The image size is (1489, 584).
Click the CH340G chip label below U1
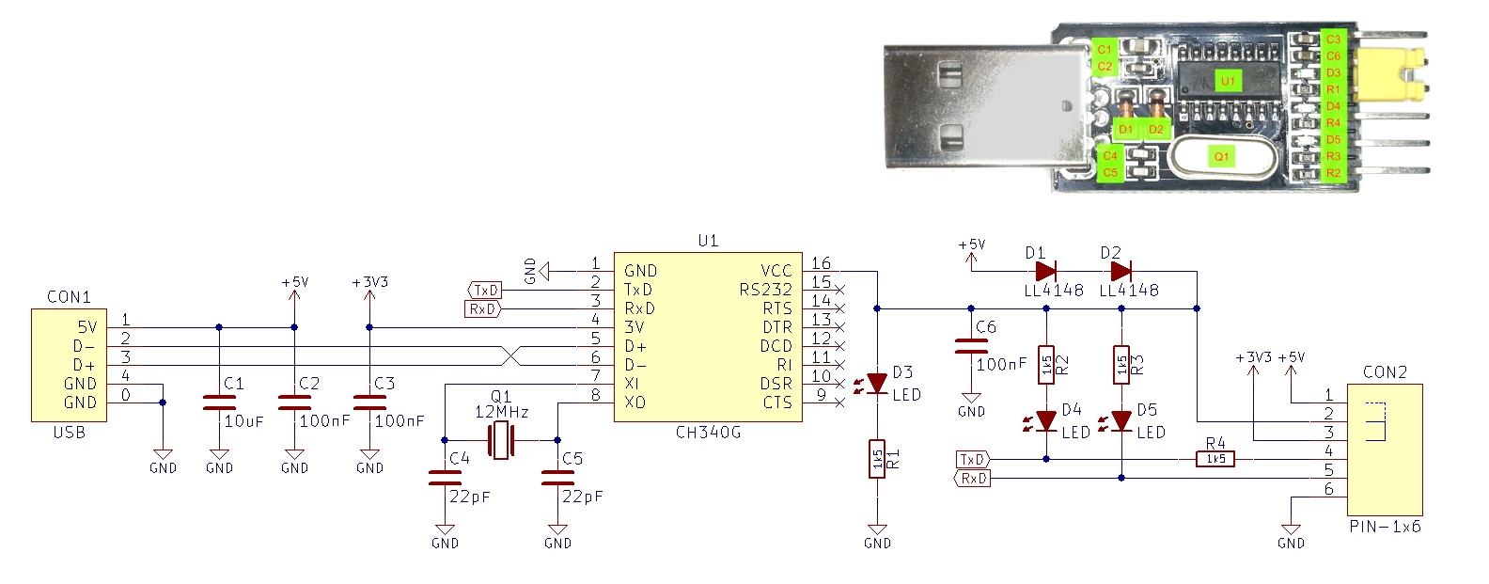(x=708, y=433)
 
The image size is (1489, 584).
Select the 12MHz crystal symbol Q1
(x=501, y=440)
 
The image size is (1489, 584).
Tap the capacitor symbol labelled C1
(x=219, y=402)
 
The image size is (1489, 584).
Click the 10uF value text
(x=243, y=421)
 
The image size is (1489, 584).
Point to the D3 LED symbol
(x=877, y=384)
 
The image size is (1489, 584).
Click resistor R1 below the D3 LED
(x=877, y=459)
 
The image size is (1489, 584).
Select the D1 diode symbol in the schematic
(x=1045, y=272)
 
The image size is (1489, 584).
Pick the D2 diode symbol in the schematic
(x=1121, y=272)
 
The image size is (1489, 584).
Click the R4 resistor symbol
(x=1215, y=459)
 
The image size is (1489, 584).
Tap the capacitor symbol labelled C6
(x=971, y=346)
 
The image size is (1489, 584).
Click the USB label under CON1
(x=69, y=433)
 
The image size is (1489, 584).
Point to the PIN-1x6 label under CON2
(x=1385, y=527)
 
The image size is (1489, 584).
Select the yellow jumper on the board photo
(x=1401, y=75)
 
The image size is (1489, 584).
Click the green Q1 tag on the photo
(x=1221, y=157)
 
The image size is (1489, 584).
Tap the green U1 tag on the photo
(x=1228, y=81)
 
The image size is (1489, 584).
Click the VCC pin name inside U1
(x=776, y=271)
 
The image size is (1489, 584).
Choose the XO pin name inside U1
(x=635, y=402)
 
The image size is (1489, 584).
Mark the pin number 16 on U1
(x=821, y=264)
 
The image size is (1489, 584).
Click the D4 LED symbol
(x=1045, y=420)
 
